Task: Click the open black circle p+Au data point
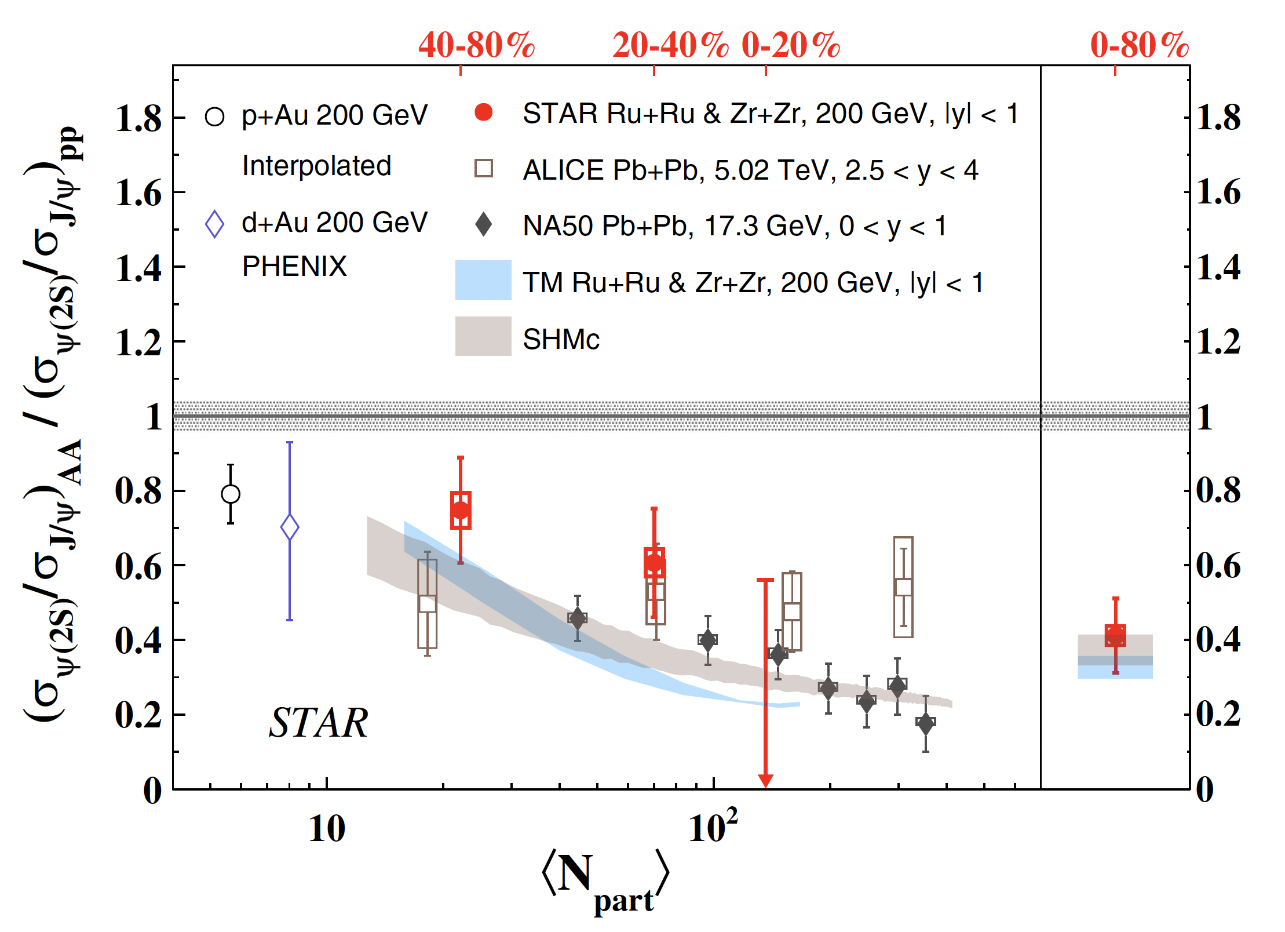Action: (x=231, y=494)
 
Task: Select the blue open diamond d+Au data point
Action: (x=290, y=527)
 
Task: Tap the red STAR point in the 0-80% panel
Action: (x=1115, y=635)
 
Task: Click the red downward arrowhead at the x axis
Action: (x=765, y=781)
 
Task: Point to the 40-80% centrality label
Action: (x=476, y=45)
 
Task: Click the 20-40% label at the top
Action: (x=670, y=45)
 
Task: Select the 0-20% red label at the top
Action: (x=791, y=45)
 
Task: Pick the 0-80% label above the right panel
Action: (x=1139, y=45)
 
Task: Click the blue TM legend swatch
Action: (x=483, y=281)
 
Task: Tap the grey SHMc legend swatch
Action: (x=483, y=336)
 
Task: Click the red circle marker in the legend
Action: (x=483, y=112)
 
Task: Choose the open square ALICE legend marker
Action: (x=483, y=168)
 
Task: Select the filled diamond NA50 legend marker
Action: (x=483, y=224)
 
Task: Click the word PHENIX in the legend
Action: (x=294, y=267)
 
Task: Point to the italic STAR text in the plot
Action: (x=318, y=723)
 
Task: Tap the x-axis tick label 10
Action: (x=327, y=829)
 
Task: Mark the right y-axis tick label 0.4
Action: (x=1219, y=640)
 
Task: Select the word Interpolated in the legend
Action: (x=316, y=166)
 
